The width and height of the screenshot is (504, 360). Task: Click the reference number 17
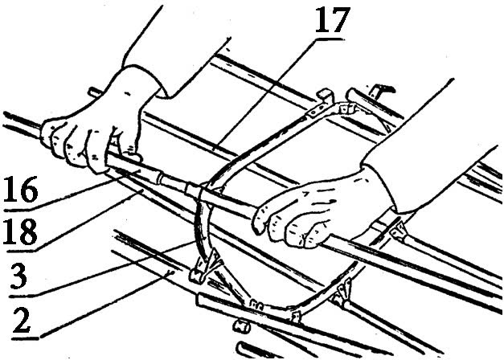(x=332, y=20)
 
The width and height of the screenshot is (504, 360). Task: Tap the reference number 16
(x=21, y=190)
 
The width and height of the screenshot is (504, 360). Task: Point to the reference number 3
(x=18, y=276)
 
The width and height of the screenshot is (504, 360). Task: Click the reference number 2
(x=22, y=320)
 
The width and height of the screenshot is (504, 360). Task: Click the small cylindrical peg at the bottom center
(x=242, y=325)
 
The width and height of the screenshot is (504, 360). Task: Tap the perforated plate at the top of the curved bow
(x=317, y=110)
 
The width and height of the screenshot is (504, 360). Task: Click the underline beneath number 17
(x=330, y=39)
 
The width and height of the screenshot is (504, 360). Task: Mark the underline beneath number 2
(x=25, y=338)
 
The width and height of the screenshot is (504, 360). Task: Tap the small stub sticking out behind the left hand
(x=95, y=92)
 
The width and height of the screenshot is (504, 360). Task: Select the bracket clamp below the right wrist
(x=398, y=229)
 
